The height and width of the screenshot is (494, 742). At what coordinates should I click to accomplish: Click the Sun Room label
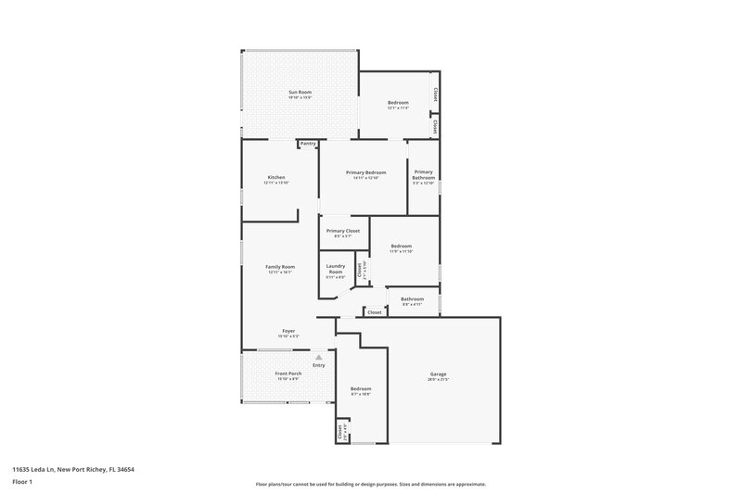pos(299,92)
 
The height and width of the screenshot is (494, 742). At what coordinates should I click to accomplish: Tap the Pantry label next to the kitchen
pos(308,144)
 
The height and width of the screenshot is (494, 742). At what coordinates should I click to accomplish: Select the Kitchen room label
pos(276,177)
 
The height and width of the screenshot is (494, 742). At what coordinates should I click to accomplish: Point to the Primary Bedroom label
pos(366,172)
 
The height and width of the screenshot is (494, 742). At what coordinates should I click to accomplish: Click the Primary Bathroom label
pos(424,174)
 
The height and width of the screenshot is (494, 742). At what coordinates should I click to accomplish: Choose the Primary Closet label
pos(343,231)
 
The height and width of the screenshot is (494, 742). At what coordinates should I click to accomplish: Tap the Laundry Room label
pos(336,270)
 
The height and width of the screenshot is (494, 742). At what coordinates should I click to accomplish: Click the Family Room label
pos(280,267)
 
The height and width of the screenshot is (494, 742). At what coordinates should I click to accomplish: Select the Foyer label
pos(289,330)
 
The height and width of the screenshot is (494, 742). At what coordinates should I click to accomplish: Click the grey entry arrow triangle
pos(319,357)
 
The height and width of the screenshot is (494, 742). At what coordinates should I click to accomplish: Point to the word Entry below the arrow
pos(319,366)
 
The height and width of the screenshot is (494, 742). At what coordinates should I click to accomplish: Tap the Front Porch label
pos(288,374)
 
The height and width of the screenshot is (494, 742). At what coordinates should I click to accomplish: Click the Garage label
pos(438,374)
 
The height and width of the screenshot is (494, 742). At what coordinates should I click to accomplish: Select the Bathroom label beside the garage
pos(413,299)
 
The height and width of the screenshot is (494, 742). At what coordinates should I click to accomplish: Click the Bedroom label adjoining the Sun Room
pos(398,102)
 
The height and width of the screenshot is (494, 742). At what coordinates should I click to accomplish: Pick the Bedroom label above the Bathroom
pos(401,246)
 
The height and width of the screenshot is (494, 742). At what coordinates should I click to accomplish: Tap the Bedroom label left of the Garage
pos(361,388)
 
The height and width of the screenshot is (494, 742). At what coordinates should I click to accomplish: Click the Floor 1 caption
pos(20,483)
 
